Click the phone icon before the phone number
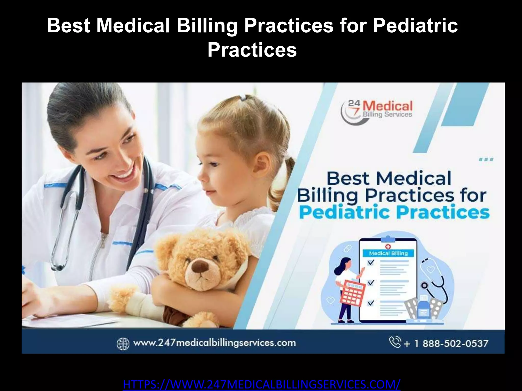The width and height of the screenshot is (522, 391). tap(395, 342)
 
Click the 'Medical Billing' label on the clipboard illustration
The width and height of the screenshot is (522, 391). tap(388, 253)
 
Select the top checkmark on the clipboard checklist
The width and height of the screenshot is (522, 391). tap(371, 262)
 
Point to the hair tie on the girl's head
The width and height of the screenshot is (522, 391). tap(243, 97)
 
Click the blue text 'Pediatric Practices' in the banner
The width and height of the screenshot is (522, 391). tap(394, 213)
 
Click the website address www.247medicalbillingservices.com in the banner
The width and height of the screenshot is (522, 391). tap(214, 343)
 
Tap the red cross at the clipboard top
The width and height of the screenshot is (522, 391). tap(388, 246)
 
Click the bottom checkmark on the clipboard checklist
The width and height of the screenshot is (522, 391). tap(371, 303)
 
